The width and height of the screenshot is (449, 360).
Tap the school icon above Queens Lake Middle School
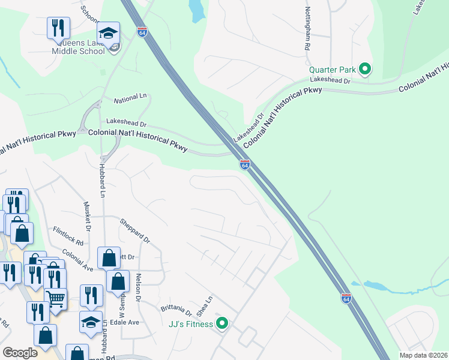[109, 33]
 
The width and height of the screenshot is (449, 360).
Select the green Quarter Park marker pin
[364, 69]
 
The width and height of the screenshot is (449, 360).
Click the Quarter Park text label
[333, 70]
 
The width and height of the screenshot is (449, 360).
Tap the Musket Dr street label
[87, 217]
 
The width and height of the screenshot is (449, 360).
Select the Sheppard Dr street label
[134, 230]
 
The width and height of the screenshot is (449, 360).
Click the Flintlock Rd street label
[68, 235]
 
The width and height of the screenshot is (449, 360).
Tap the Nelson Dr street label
[138, 287]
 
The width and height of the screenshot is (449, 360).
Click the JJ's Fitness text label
[191, 325]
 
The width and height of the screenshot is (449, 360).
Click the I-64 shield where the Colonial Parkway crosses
[245, 164]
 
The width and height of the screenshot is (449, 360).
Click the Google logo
[20, 353]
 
